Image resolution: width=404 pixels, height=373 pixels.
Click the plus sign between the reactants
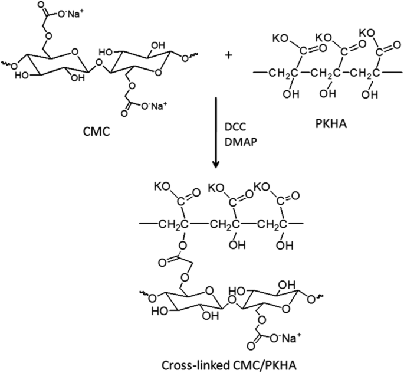point(229,57)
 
